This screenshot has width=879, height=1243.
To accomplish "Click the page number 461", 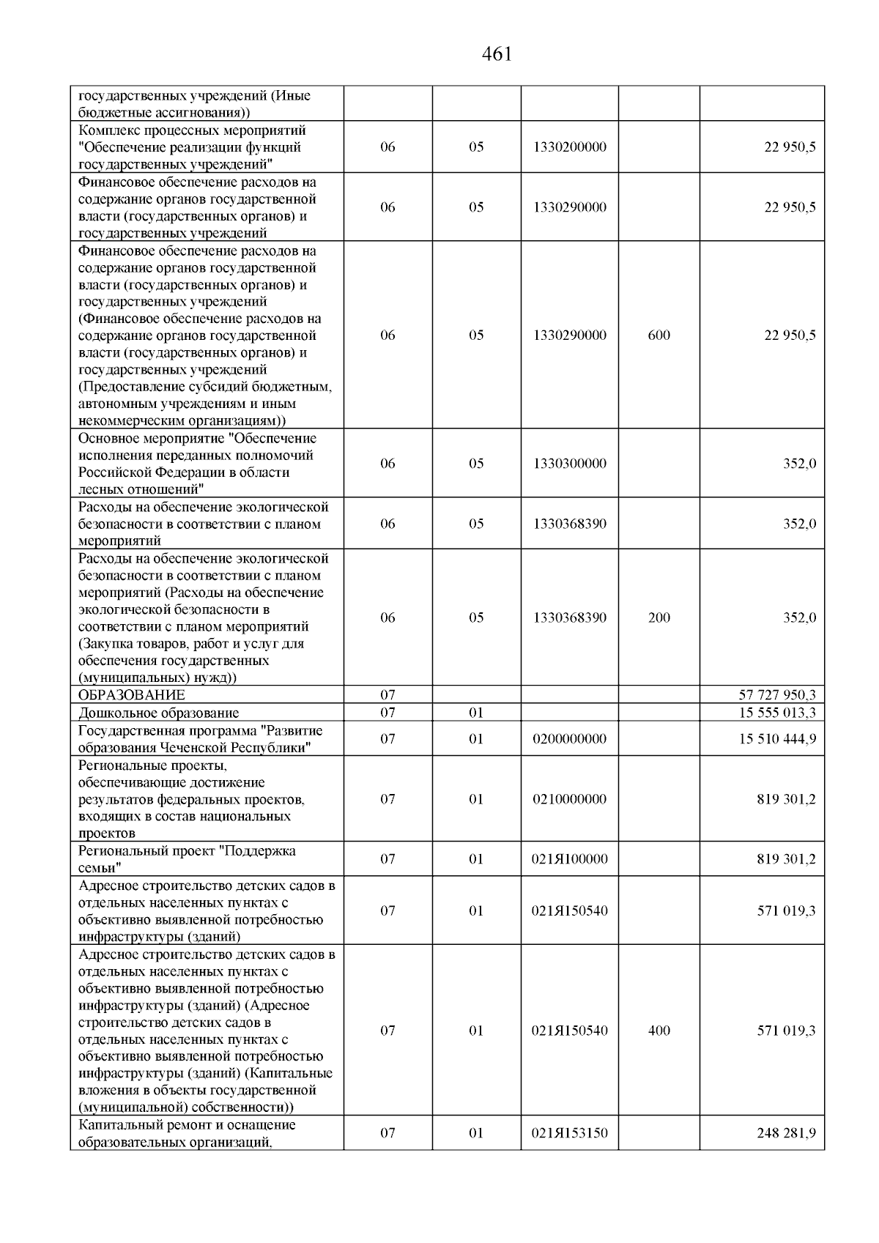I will click(497, 54).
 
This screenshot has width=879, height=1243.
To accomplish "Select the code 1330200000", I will click(570, 147).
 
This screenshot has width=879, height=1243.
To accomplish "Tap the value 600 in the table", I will click(659, 335).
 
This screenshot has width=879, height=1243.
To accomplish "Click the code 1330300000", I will click(570, 464).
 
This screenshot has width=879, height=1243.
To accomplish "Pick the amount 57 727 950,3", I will click(777, 695).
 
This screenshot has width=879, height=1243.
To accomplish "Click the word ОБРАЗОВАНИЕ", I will click(132, 695).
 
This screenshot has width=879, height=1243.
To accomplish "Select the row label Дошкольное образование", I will click(158, 713).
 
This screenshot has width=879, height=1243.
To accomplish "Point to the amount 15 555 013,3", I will click(777, 713).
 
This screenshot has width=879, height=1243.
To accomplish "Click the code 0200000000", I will click(570, 739).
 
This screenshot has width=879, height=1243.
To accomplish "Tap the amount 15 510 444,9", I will click(777, 739).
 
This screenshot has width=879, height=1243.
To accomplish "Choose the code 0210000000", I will click(570, 799).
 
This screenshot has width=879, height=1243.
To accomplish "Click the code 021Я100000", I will click(570, 859).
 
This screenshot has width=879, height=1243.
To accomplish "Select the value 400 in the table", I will click(659, 1031).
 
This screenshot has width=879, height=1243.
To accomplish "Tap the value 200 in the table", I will click(659, 618).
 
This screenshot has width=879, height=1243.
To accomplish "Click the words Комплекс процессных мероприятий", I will click(192, 130).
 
